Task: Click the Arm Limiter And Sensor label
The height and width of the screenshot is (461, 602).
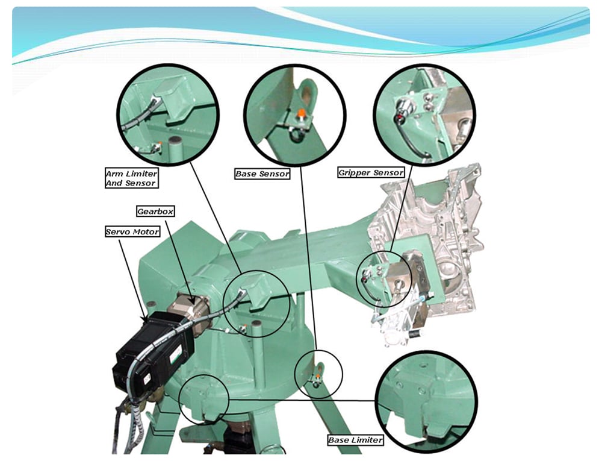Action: (x=132, y=178)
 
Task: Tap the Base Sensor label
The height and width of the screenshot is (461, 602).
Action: (x=262, y=174)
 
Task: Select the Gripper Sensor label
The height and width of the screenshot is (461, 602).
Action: (x=371, y=172)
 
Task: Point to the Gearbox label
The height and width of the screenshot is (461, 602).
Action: (x=155, y=212)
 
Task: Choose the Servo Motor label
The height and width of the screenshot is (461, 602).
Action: (x=132, y=231)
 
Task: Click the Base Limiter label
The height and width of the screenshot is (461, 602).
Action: (x=356, y=440)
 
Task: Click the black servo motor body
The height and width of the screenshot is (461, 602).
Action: (x=152, y=351)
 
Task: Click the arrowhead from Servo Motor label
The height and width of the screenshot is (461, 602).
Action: (x=145, y=318)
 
